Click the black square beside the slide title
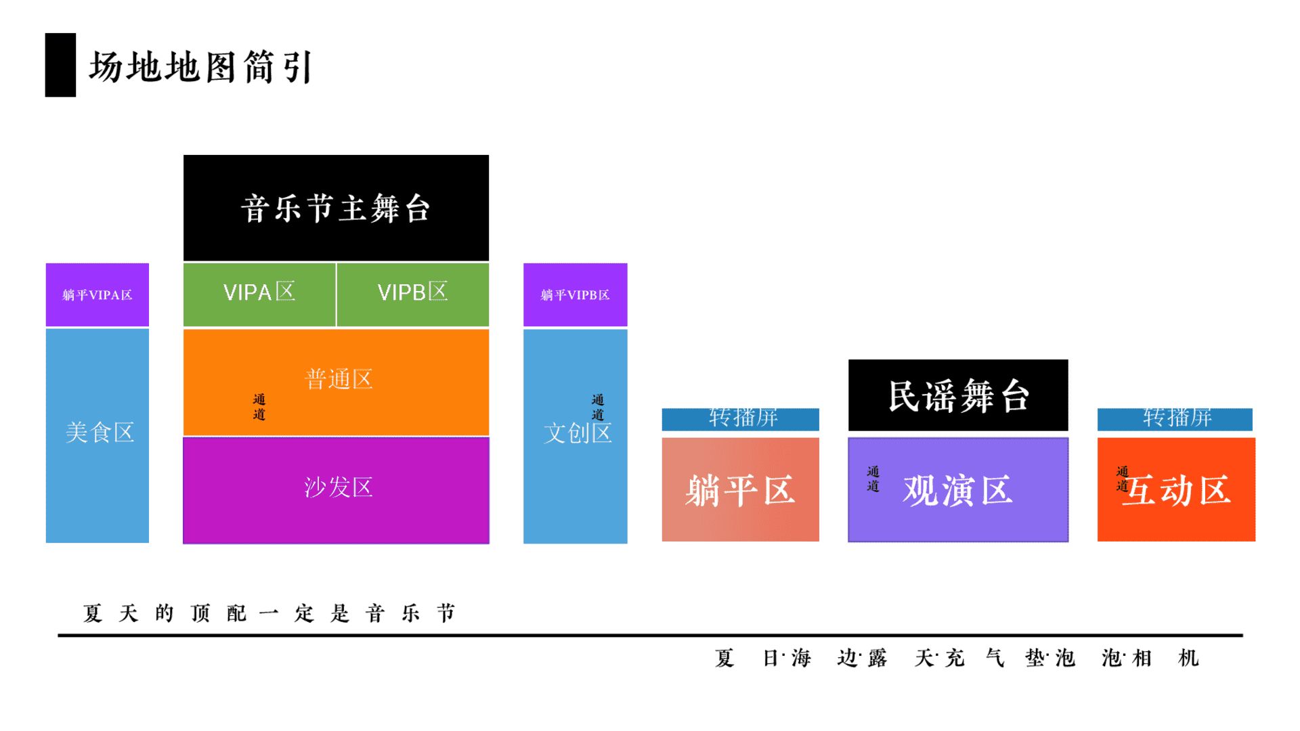point(60,65)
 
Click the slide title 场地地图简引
point(201,67)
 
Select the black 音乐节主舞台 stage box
point(336,208)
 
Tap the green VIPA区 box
point(259,294)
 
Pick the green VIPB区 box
point(413,294)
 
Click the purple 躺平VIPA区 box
point(97,294)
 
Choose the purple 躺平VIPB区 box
point(576,294)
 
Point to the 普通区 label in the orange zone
point(339,379)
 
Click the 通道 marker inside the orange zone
point(259,407)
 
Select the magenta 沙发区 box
point(336,490)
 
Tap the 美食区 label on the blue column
point(100,433)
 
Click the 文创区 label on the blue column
point(578,433)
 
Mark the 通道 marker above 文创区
point(598,407)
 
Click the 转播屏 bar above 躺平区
point(741,419)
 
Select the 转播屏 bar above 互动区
point(1175,419)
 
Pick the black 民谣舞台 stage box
point(958,395)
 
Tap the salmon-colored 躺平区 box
point(741,489)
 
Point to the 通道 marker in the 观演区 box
point(873,479)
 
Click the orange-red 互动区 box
point(1176,489)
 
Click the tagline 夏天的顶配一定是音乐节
point(269,613)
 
